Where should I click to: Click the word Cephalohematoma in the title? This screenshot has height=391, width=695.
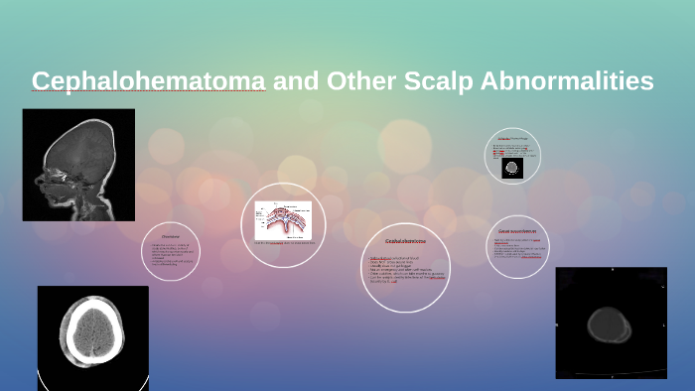[x=148, y=81]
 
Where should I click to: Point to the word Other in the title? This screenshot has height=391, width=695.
[x=353, y=81]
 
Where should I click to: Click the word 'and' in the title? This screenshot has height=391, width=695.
[x=291, y=81]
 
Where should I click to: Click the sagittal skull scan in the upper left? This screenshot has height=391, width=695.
[x=78, y=164]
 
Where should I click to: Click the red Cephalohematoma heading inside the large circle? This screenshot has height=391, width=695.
[x=405, y=241]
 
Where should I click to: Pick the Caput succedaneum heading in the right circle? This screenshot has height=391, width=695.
[x=517, y=232]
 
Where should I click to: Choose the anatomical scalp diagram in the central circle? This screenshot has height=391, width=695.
[x=283, y=219]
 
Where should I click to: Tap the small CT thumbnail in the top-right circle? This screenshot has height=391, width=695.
[x=511, y=167]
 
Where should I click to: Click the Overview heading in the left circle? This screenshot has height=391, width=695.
[x=171, y=237]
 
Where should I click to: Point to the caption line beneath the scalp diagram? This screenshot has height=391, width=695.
[x=284, y=242]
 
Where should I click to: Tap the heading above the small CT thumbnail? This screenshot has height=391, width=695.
[x=511, y=137]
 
